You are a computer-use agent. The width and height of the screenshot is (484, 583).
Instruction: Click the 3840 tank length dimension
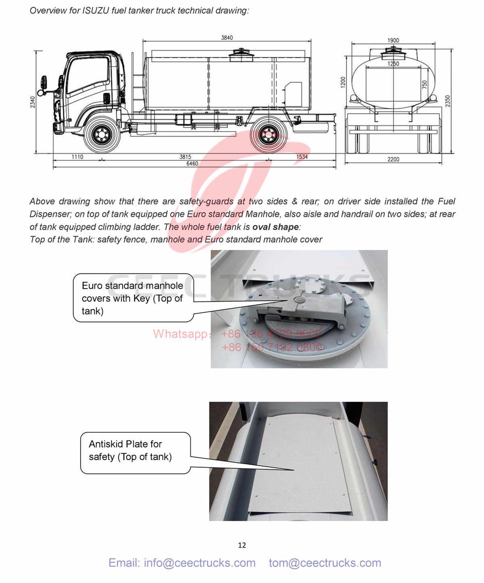pyautogui.click(x=227, y=38)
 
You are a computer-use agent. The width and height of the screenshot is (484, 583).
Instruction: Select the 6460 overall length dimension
pyautogui.click(x=192, y=164)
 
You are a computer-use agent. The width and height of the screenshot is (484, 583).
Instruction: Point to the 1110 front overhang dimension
pyautogui.click(x=77, y=157)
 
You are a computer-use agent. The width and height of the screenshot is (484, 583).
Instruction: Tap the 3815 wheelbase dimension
pyautogui.click(x=185, y=157)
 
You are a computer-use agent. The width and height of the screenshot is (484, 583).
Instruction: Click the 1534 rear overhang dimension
pyautogui.click(x=302, y=157)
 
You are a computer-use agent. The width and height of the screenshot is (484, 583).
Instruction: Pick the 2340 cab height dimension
pyautogui.click(x=33, y=102)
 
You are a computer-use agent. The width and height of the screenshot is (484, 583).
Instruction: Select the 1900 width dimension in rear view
pyautogui.click(x=393, y=40)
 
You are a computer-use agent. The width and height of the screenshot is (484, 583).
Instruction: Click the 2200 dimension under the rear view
pyautogui.click(x=393, y=159)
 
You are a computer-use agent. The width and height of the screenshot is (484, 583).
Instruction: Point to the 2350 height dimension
pyautogui.click(x=448, y=101)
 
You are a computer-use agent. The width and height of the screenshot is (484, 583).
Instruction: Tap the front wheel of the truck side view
pyautogui.click(x=101, y=135)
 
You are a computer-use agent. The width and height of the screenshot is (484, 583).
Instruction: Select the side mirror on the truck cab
pyautogui.click(x=44, y=84)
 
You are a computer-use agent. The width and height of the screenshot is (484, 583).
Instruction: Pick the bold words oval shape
pyautogui.click(x=275, y=227)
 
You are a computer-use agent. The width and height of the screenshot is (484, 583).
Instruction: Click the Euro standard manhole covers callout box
pyautogui.click(x=133, y=298)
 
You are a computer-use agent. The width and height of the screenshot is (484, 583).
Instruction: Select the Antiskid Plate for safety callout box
pyautogui.click(x=135, y=453)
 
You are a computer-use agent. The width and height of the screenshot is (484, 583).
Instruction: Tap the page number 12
pyautogui.click(x=242, y=545)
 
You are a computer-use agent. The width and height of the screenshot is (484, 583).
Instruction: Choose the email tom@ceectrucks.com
pyautogui.click(x=325, y=563)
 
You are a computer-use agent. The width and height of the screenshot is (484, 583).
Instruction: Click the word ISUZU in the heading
pyautogui.click(x=96, y=11)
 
